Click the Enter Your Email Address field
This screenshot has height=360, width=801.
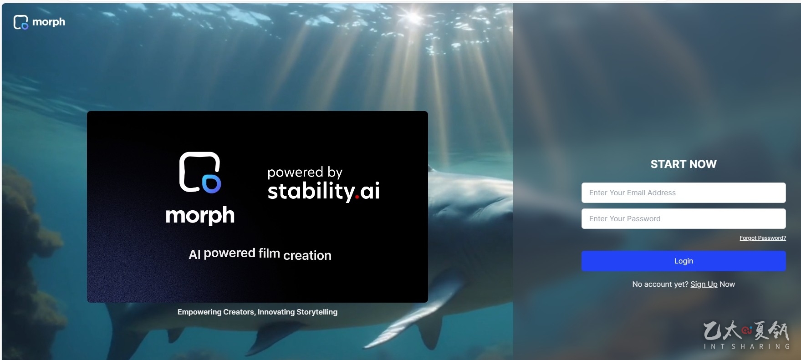pos(683,193)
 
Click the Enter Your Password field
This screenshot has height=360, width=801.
pos(683,218)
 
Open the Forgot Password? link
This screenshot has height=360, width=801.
pos(763,238)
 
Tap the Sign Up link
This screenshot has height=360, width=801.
pos(704,284)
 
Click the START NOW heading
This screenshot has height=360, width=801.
pos(684,164)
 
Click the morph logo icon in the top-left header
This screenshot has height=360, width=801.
pos(21,22)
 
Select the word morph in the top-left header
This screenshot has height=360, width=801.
pos(49,22)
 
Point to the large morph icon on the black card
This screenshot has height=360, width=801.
pos(200,172)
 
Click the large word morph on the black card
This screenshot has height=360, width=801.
pos(200,215)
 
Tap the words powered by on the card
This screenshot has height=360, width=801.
pos(305,172)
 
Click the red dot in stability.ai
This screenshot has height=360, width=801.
pos(357,198)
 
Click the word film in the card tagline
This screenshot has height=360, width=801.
pos(269,253)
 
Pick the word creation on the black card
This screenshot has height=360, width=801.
pos(307,256)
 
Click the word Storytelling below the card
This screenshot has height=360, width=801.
pos(317,312)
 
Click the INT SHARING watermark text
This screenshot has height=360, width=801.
pos(747,346)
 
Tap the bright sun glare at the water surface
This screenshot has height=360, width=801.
pos(414,17)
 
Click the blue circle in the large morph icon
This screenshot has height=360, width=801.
pos(212,183)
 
